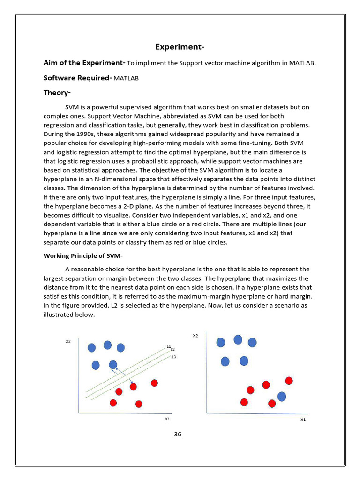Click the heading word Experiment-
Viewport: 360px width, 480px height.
pyautogui.click(x=180, y=47)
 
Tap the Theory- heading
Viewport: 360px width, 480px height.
pyautogui.click(x=57, y=93)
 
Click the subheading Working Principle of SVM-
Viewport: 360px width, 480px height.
pyautogui.click(x=83, y=255)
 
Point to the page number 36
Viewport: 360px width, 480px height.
pyautogui.click(x=178, y=434)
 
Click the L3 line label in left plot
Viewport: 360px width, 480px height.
pyautogui.click(x=173, y=357)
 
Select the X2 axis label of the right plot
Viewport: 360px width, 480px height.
pyautogui.click(x=195, y=336)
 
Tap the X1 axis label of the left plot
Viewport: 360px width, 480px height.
pyautogui.click(x=167, y=419)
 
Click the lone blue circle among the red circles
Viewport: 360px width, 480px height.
pyautogui.click(x=282, y=397)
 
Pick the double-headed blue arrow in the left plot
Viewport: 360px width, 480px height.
pyautogui.click(x=123, y=376)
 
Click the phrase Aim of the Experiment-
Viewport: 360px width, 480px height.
pyautogui.click(x=84, y=63)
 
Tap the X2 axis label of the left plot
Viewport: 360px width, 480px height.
pyautogui.click(x=68, y=341)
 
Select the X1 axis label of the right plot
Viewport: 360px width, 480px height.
pyautogui.click(x=303, y=420)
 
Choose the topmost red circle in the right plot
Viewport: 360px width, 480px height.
pyautogui.click(x=289, y=380)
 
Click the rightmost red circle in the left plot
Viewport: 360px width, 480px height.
pyautogui.click(x=154, y=383)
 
